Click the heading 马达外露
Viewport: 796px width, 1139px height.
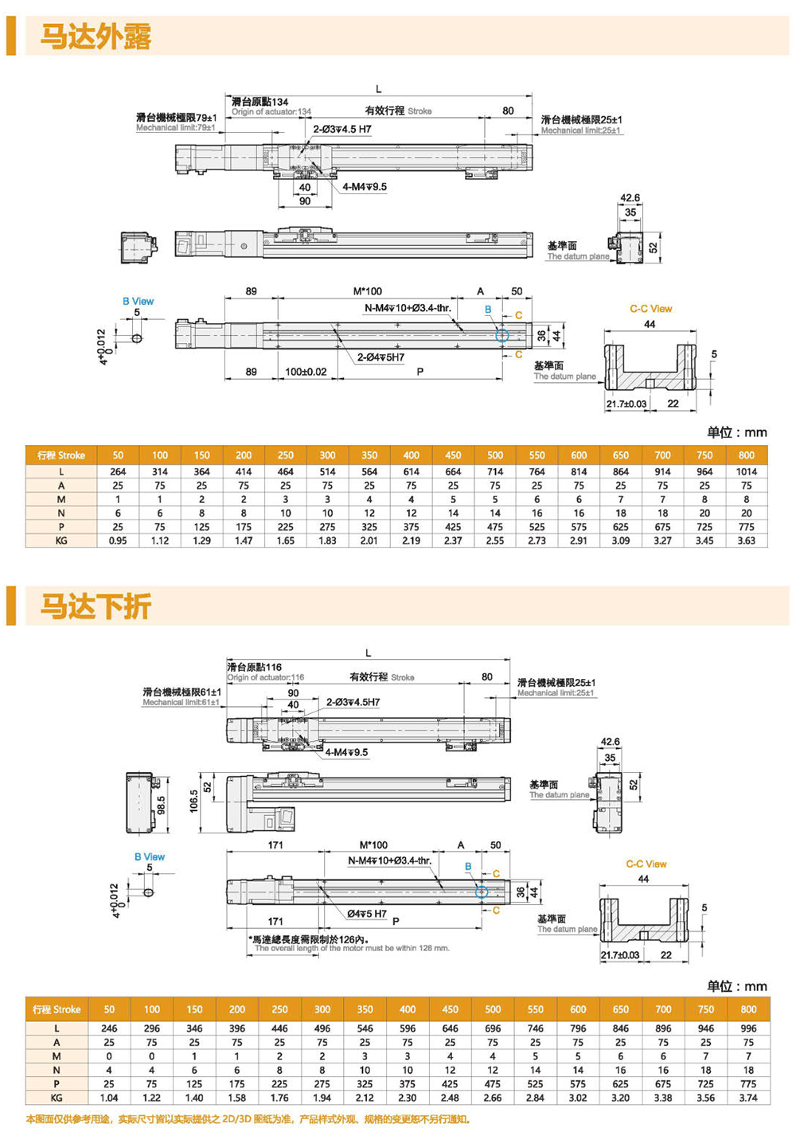96,37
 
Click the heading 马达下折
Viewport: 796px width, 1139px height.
96,607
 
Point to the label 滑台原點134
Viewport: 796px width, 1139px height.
259,102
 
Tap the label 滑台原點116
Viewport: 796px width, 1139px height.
254,667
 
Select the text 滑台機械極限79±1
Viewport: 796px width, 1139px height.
176,118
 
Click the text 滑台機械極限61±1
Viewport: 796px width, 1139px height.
181,692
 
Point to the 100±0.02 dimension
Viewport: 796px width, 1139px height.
306,372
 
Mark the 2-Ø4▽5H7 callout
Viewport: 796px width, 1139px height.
380,357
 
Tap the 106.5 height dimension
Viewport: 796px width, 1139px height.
193,802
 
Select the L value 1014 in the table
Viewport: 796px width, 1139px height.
746,472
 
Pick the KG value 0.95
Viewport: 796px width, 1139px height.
118,540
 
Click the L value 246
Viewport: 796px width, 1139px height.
109,1028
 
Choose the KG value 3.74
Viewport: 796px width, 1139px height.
748,1098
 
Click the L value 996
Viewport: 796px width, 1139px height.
748,1028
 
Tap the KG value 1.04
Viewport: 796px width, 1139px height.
109,1098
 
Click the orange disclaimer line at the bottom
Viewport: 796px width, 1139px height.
248,1119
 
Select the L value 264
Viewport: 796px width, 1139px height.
118,472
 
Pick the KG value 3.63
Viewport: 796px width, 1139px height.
746,540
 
